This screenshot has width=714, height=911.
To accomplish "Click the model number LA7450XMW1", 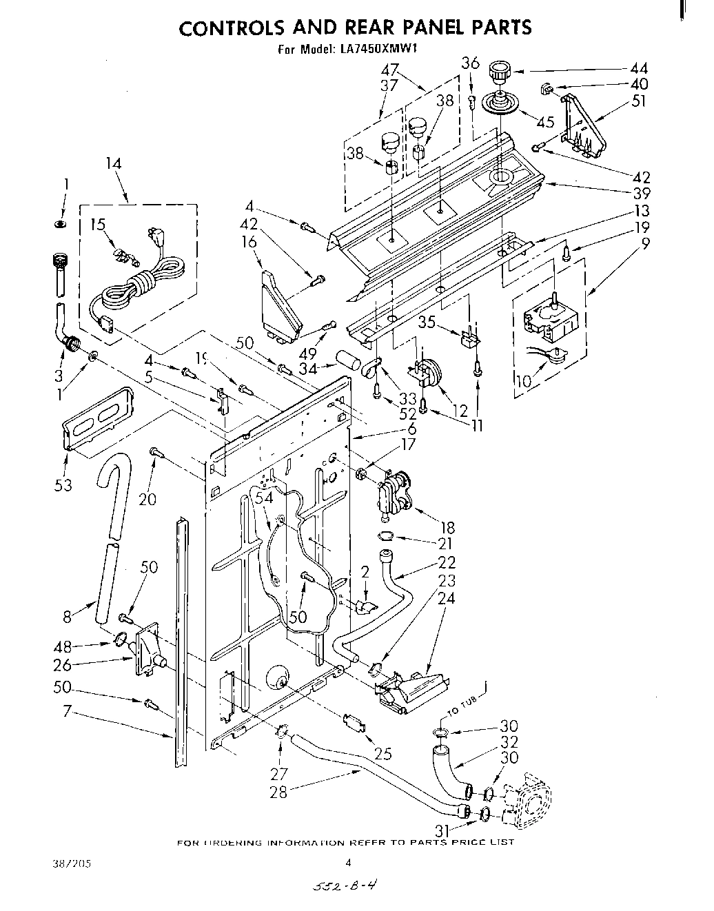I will tap(378, 49).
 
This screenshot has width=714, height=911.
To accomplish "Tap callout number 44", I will tap(639, 68).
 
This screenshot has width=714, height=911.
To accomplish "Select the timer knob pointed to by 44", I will tap(498, 71).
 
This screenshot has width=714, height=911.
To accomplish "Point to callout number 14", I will tap(114, 163).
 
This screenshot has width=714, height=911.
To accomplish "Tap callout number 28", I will tap(278, 792).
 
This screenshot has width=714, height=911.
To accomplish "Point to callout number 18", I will tap(447, 528).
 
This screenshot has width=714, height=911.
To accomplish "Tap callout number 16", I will tap(249, 241).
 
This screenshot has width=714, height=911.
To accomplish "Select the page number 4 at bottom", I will tap(348, 861).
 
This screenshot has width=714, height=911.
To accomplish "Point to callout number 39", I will tap(642, 194).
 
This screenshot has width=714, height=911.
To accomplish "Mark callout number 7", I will tap(67, 710).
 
